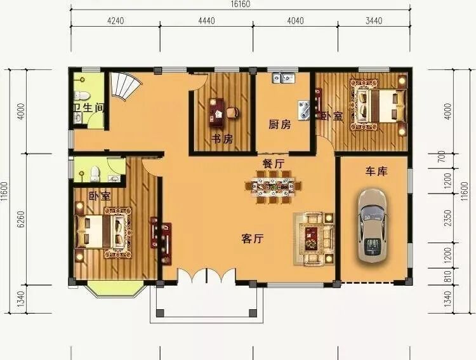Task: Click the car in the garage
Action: click(x=372, y=225)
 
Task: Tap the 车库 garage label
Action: click(x=376, y=171)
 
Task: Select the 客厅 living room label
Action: click(x=253, y=239)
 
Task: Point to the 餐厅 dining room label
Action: click(x=274, y=164)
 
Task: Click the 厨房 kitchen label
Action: click(x=280, y=124)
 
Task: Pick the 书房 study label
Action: click(x=222, y=139)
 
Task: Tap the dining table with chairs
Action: click(x=273, y=187)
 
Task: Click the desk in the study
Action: click(x=217, y=112)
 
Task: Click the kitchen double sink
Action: click(x=284, y=77)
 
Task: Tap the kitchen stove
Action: click(x=303, y=110)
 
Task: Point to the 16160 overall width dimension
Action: click(x=241, y=4)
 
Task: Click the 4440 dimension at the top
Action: click(x=206, y=21)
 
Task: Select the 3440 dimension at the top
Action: click(x=374, y=21)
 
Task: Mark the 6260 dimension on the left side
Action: click(x=21, y=219)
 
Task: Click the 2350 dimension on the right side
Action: click(x=448, y=218)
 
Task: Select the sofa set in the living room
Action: click(x=314, y=239)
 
